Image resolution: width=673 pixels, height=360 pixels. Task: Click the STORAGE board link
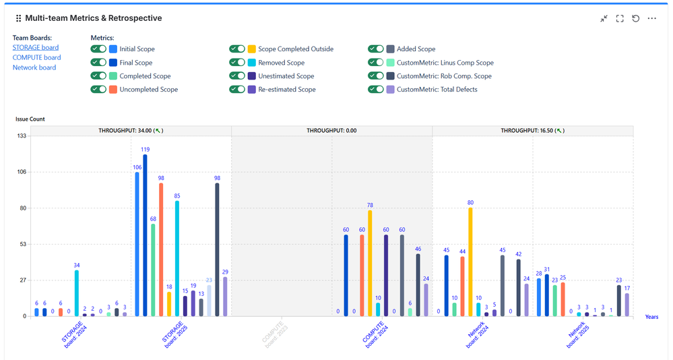35,47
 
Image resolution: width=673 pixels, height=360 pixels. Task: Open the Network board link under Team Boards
34,67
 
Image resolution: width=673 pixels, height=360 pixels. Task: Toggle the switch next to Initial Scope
98,49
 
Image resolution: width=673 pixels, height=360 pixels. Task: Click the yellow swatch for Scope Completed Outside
252,49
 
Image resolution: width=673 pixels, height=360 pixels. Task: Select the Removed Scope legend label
282,63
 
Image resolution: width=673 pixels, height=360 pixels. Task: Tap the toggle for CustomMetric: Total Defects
376,89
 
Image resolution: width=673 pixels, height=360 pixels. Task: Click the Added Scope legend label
416,49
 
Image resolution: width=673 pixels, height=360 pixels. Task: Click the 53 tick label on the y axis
22,244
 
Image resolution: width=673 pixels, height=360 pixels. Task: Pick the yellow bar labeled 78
370,263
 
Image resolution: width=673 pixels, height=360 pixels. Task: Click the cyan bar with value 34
77,293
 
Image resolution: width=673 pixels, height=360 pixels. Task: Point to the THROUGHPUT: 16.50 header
532,131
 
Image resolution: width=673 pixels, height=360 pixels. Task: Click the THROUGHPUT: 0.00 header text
331,131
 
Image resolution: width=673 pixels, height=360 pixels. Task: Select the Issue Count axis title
30,119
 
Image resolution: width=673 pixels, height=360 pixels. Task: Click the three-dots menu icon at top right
651,18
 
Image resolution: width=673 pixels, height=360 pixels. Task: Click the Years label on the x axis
651,316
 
